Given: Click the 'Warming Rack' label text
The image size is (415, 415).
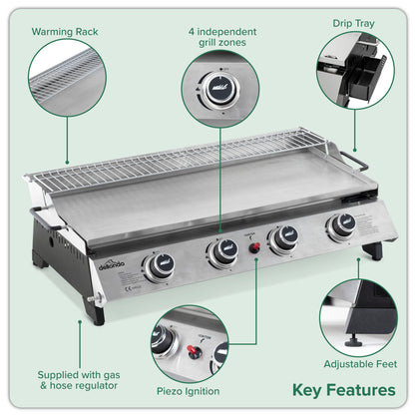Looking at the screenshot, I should [65, 31].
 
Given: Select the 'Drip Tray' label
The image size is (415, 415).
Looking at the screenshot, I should [353, 22].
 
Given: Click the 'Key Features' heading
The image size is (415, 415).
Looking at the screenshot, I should [342, 390].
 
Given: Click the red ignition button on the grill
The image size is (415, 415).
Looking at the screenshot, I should [253, 246].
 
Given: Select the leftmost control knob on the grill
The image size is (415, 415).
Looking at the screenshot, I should [159, 265].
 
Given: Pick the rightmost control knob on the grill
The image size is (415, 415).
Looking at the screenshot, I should [342, 225].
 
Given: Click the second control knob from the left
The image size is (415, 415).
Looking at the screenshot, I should [221, 251].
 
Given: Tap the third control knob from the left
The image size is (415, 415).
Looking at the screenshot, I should [285, 237].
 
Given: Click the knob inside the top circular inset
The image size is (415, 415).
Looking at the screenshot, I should [216, 87].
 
